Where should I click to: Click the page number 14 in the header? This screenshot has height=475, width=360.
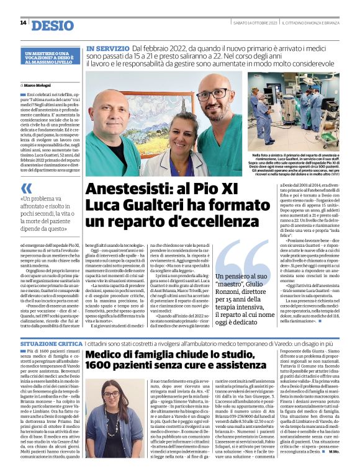tap(23, 23)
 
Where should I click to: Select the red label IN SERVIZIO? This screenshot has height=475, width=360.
tap(107, 48)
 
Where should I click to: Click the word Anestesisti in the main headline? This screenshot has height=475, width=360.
tap(130, 189)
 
